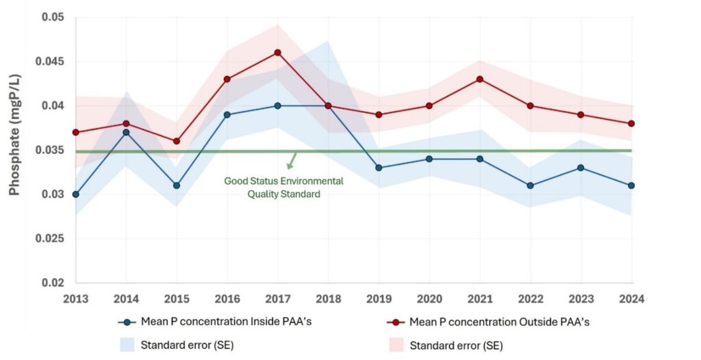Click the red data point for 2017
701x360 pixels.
tap(277, 53)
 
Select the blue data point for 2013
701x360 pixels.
tap(75, 194)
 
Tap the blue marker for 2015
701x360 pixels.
tap(177, 185)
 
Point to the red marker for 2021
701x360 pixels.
tap(480, 79)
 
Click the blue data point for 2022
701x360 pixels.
tap(531, 185)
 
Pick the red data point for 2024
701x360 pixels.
tap(631, 124)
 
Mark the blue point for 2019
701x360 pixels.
tap(379, 168)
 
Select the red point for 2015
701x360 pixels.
tap(177, 141)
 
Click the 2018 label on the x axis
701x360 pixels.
tap(328, 298)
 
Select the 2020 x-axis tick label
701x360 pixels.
tap(429, 298)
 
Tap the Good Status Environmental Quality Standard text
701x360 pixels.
tap(283, 188)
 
